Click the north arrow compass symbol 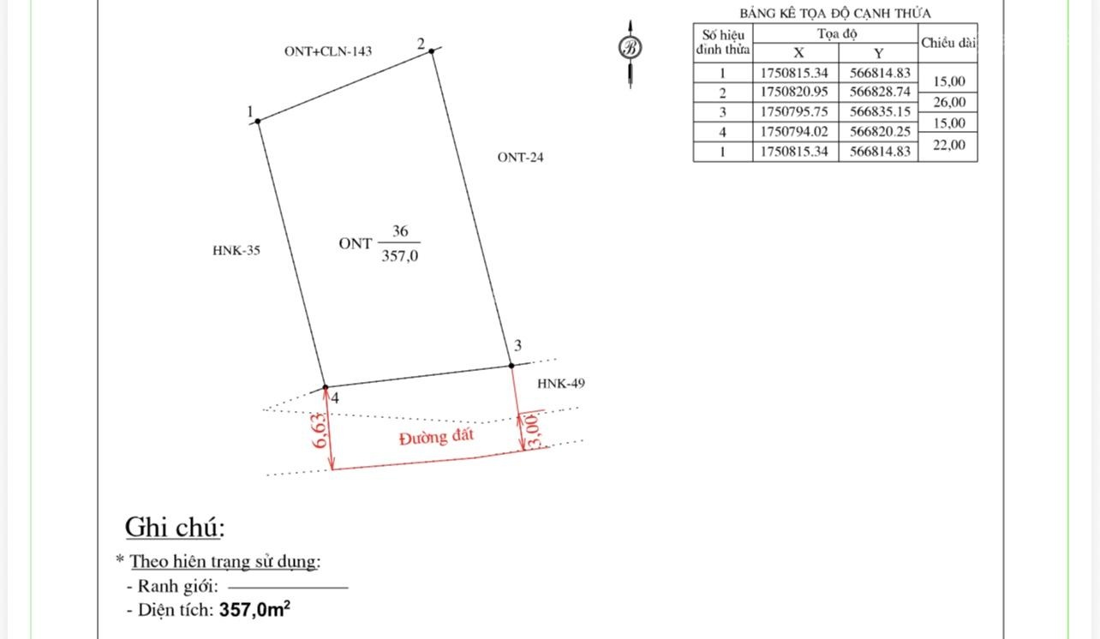coord(630,48)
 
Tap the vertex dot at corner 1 coord(258,121)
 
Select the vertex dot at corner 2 coord(431,51)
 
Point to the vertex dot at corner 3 coord(511,366)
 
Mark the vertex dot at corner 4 coord(325,387)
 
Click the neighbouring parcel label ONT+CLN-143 coord(328,51)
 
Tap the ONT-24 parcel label coord(520,157)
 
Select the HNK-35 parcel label coord(236,250)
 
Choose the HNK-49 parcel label coord(561,383)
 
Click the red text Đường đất coord(436,437)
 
